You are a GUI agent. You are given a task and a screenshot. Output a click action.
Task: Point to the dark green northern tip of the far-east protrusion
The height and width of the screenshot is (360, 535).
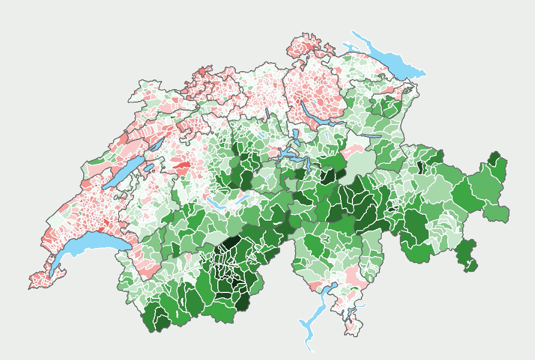pos(494,159)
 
